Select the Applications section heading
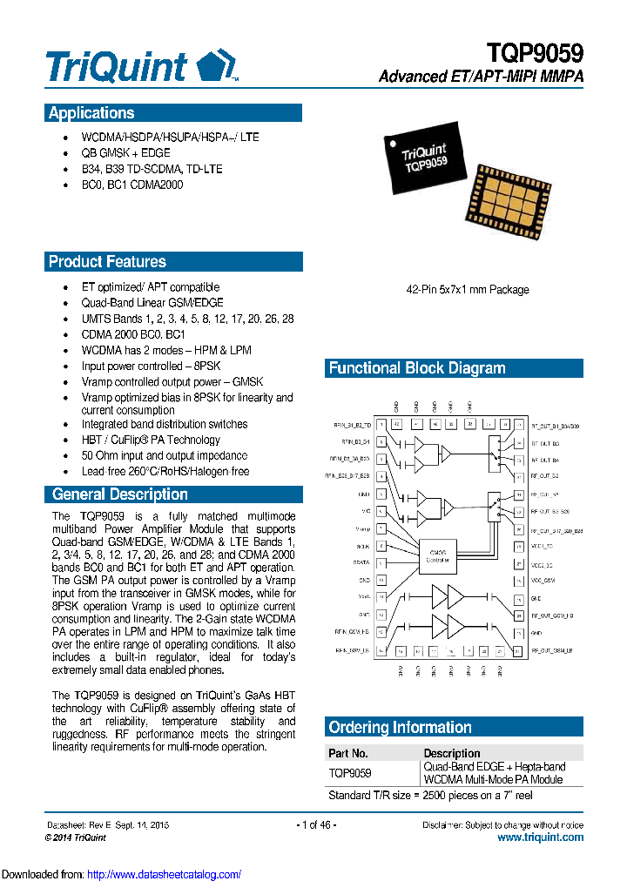pyautogui.click(x=91, y=113)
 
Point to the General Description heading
pyautogui.click(x=119, y=494)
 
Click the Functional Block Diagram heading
pyautogui.click(x=416, y=368)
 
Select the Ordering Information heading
pyautogui.click(x=399, y=728)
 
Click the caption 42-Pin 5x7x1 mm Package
pyautogui.click(x=468, y=290)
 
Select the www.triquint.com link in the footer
pyautogui.click(x=540, y=837)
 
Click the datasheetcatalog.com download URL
pyautogui.click(x=165, y=874)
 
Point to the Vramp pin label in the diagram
pyautogui.click(x=363, y=528)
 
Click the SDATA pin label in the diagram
pyautogui.click(x=362, y=563)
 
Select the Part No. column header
pyautogui.click(x=347, y=753)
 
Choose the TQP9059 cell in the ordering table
pyautogui.click(x=349, y=772)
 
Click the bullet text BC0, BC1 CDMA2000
pyautogui.click(x=132, y=185)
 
